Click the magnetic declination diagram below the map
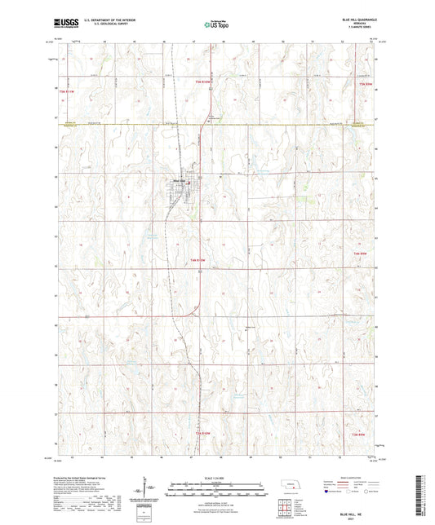(x=146, y=489)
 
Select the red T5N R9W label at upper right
(x=364, y=83)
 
